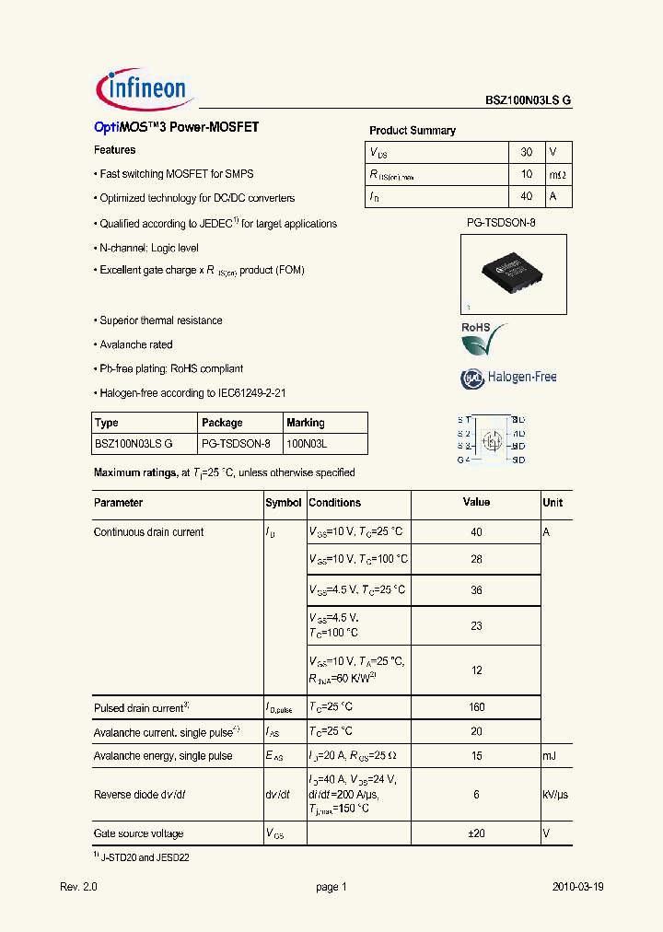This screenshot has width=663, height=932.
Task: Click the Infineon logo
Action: [143, 88]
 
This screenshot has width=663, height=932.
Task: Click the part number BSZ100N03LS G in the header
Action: [529, 101]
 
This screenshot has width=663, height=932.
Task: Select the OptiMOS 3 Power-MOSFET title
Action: [176, 128]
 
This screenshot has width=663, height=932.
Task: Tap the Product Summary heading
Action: [412, 131]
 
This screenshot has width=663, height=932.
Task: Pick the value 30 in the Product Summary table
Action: [526, 151]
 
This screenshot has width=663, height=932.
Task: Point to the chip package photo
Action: [514, 274]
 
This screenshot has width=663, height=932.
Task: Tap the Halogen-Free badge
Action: [508, 377]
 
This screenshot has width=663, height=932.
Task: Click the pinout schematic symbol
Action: [493, 438]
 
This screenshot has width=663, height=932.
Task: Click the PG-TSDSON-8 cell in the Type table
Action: [236, 444]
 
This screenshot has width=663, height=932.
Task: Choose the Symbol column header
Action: [284, 503]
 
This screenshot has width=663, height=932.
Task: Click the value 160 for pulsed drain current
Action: [476, 708]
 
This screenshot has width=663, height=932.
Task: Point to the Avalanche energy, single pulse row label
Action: [163, 756]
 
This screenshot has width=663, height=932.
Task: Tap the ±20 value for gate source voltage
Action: [476, 833]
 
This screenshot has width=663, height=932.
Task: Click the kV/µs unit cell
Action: [556, 795]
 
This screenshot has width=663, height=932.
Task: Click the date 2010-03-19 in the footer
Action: [577, 887]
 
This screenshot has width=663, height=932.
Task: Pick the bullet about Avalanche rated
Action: [135, 344]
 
